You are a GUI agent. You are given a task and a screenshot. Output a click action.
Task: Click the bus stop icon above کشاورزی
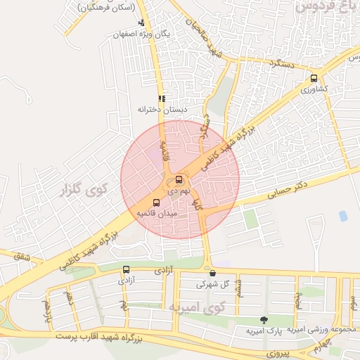(314, 79)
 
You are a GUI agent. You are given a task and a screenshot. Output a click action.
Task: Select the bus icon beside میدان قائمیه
(156, 203)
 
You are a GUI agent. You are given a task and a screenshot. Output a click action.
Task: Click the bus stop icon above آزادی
(127, 269)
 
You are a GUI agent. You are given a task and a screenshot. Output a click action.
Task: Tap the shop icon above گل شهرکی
(212, 274)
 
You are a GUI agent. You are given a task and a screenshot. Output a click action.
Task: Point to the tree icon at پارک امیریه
(264, 321)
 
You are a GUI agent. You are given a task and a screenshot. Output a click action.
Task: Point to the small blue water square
(343, 216)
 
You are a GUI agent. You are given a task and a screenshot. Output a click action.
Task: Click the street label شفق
(22, 258)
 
